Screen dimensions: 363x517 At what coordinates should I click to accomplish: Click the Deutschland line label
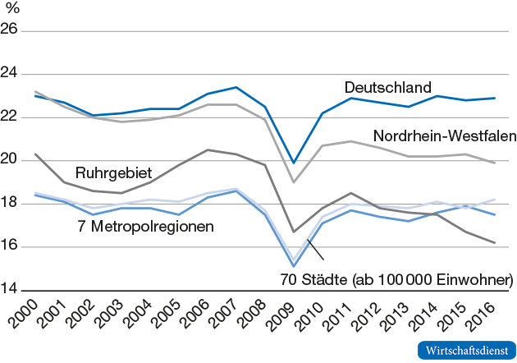coord(387,87)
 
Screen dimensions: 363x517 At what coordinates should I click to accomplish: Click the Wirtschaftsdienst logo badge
coord(465,348)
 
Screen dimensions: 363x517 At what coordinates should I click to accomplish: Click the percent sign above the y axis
coord(13,10)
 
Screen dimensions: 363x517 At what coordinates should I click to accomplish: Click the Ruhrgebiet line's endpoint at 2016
coord(494,242)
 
